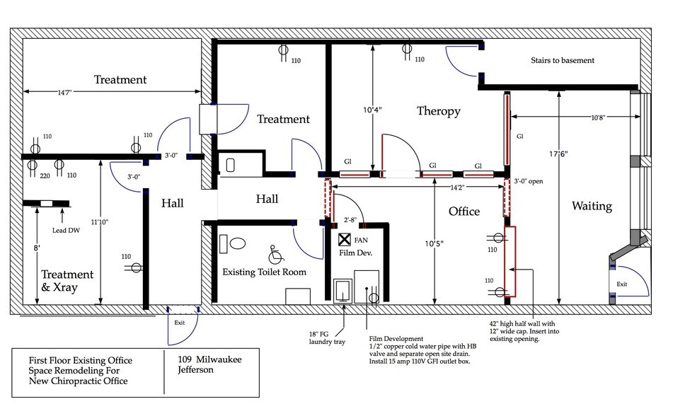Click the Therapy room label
click(x=439, y=111)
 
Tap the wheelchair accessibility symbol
click(x=276, y=255)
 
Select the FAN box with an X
click(x=345, y=239)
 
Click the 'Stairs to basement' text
click(x=563, y=60)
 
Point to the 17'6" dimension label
click(x=558, y=154)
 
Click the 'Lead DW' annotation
click(x=66, y=231)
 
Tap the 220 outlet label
click(x=45, y=176)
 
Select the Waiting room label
click(x=592, y=206)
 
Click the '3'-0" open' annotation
click(x=528, y=181)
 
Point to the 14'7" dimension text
click(x=64, y=92)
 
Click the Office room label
click(x=464, y=212)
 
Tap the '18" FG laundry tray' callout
click(x=327, y=337)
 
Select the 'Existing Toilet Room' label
click(x=264, y=272)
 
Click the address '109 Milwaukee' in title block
click(x=209, y=359)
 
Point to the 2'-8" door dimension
click(x=350, y=220)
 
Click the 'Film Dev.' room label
click(x=356, y=253)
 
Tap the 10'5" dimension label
click(x=434, y=244)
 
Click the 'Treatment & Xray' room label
click(x=67, y=281)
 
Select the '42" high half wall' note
click(x=524, y=331)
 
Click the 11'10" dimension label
click(x=100, y=222)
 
